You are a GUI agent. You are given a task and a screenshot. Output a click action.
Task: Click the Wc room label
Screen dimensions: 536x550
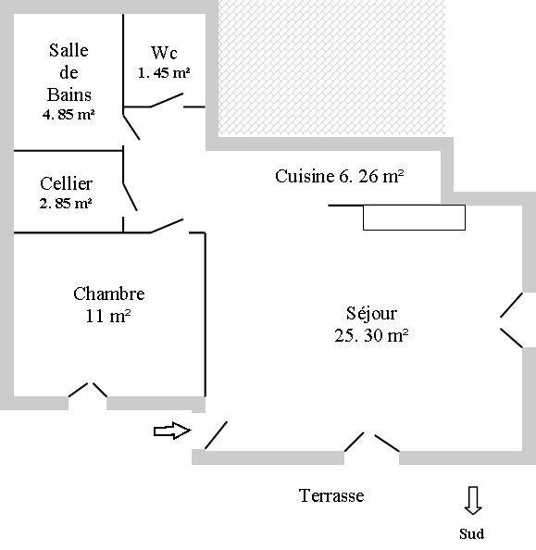164,53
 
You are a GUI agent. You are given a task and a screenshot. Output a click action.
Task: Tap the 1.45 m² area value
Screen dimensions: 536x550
164,73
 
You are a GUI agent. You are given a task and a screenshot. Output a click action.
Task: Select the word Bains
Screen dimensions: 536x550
69,94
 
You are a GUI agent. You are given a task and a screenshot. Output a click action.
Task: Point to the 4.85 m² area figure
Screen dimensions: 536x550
69,114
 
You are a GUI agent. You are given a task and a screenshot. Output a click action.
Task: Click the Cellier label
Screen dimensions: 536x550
66,183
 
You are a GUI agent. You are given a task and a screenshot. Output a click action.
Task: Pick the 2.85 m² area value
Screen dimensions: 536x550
66,203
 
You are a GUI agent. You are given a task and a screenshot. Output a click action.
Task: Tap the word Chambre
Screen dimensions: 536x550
108,294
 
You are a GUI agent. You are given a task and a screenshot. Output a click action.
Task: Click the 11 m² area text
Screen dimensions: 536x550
108,316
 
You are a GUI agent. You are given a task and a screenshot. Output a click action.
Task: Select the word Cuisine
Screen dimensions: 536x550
305,176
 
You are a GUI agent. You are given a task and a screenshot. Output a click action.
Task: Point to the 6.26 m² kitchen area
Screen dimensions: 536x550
371,176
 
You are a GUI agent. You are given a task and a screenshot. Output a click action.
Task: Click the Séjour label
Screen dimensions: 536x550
371,313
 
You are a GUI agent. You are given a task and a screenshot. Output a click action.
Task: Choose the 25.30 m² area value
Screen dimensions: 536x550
371,335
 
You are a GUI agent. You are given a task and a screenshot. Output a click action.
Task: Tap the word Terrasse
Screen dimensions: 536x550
331,495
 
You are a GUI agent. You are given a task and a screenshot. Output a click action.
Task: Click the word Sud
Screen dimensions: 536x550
471,534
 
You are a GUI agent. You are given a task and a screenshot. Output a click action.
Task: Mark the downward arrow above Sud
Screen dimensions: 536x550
473,501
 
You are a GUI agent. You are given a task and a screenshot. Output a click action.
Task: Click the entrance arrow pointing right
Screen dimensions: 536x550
172,431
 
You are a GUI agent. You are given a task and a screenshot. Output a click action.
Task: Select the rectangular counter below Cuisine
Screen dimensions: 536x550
414,218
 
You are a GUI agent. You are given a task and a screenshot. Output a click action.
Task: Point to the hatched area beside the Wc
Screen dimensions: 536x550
331,69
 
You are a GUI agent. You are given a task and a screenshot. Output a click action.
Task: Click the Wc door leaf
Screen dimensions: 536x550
167,100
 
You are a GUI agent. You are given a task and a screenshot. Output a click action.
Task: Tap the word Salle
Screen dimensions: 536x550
69,50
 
